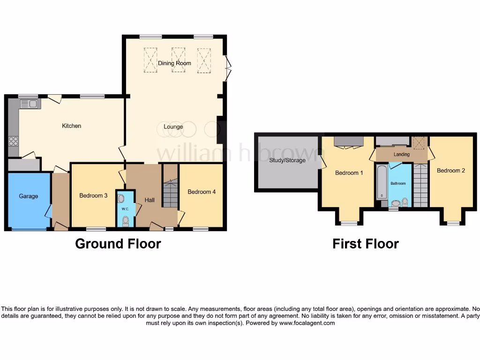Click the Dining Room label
click(174, 63)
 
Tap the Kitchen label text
click(72, 126)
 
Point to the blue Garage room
click(28, 202)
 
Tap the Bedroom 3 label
click(93, 195)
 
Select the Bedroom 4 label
click(202, 192)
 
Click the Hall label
click(150, 200)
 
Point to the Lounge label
click(173, 127)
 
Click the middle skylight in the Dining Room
click(178, 60)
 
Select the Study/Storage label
click(287, 160)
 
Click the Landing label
click(401, 154)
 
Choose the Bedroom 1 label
click(349, 173)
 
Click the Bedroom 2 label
click(451, 171)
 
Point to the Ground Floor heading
click(118, 244)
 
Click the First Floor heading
click(365, 244)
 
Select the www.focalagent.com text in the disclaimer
click(307, 323)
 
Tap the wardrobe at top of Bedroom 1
click(349, 141)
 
